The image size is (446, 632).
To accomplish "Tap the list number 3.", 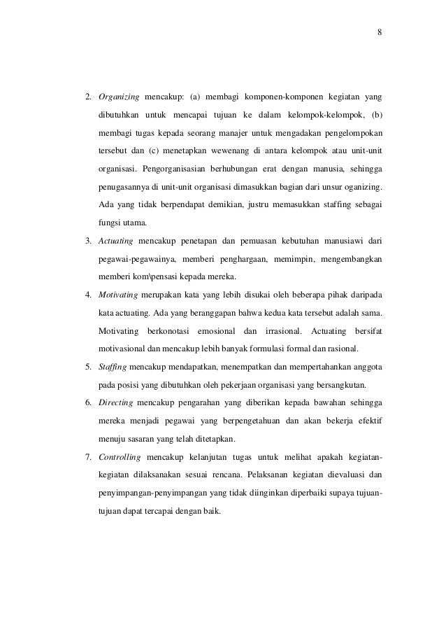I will [x=88, y=241].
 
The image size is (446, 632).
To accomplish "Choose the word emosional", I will [x=216, y=330].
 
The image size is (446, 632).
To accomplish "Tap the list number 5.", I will [x=88, y=366].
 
